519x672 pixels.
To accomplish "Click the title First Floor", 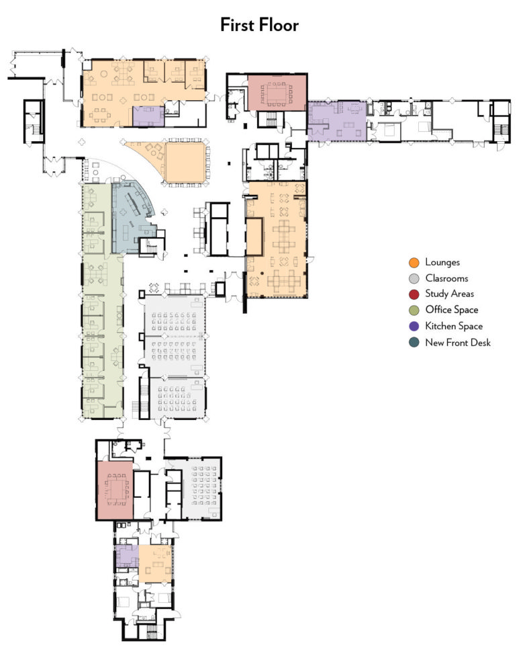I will point(259,26).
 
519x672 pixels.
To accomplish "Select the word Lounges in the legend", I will point(442,262).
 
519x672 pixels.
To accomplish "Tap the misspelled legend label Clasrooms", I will point(446,278).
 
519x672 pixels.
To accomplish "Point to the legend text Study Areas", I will point(449,294).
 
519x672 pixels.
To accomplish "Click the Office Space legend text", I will point(451,310).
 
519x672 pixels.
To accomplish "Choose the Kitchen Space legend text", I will point(453,326).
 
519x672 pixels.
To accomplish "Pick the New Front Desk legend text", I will point(458,342).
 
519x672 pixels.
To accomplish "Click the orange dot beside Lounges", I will point(414,262).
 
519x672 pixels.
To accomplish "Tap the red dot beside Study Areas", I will point(414,294).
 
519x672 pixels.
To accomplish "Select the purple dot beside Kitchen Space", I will point(414,326).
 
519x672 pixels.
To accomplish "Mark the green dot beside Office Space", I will point(414,310).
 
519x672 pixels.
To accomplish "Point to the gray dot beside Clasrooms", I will point(414,278).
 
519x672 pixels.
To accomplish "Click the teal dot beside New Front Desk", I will point(414,342).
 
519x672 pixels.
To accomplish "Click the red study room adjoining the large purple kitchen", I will point(277,92).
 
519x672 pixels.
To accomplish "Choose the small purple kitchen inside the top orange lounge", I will point(148,116).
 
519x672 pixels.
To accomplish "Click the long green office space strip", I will point(101,302).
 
